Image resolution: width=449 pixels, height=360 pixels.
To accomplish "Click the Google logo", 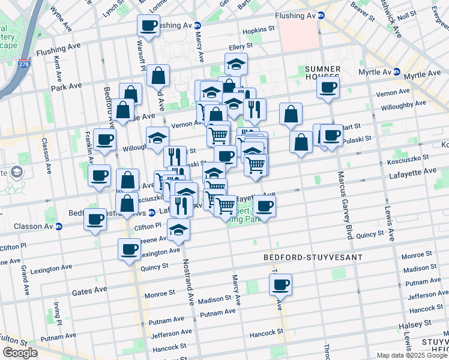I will pos(20,352).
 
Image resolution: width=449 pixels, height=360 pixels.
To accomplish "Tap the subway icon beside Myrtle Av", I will pos(397,72).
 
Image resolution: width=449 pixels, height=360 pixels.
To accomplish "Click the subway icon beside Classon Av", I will pos(59,227).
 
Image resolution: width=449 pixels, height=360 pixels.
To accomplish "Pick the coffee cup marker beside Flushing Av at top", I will pos(148,25).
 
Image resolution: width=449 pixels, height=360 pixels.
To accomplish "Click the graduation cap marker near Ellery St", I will pos(237,63).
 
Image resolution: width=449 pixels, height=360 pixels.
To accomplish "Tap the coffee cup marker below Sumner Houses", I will pos(328,87).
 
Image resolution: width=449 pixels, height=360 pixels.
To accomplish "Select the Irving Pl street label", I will pos(56,313).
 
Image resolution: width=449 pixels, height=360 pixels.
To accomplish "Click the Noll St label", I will pos(406,15).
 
